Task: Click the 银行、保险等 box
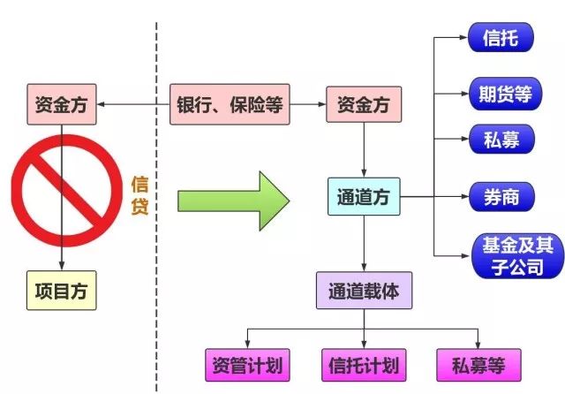pos(230,104)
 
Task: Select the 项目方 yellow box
pos(62,291)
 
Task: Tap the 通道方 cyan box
pos(364,196)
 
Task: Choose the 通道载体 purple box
pos(364,291)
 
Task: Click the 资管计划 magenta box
pos(247,365)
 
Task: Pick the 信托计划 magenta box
pos(364,365)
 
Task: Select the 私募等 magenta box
pos(478,365)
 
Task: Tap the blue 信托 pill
pos(501,37)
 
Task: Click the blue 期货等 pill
pos(505,94)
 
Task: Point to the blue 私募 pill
pos(501,140)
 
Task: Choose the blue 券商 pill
pos(501,197)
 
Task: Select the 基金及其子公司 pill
pos(518,256)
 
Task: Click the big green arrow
pos(233,201)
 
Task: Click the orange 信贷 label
pos(139,195)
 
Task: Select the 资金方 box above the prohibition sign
pos(62,104)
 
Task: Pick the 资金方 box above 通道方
pos(364,104)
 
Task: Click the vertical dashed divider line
pos(156,207)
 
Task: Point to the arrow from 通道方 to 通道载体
pos(364,243)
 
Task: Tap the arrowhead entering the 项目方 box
pos(62,267)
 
